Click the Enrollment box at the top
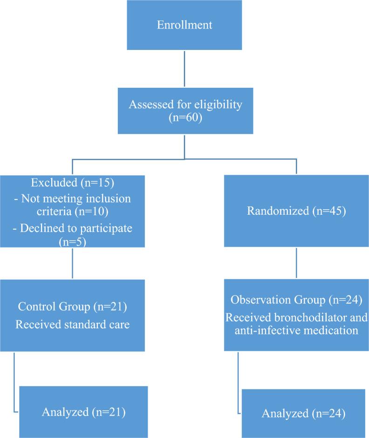[x=184, y=25]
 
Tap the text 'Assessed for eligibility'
[x=184, y=105]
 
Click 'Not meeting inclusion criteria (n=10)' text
[x=72, y=205]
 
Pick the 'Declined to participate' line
[x=72, y=229]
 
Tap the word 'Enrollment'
[x=184, y=25]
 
